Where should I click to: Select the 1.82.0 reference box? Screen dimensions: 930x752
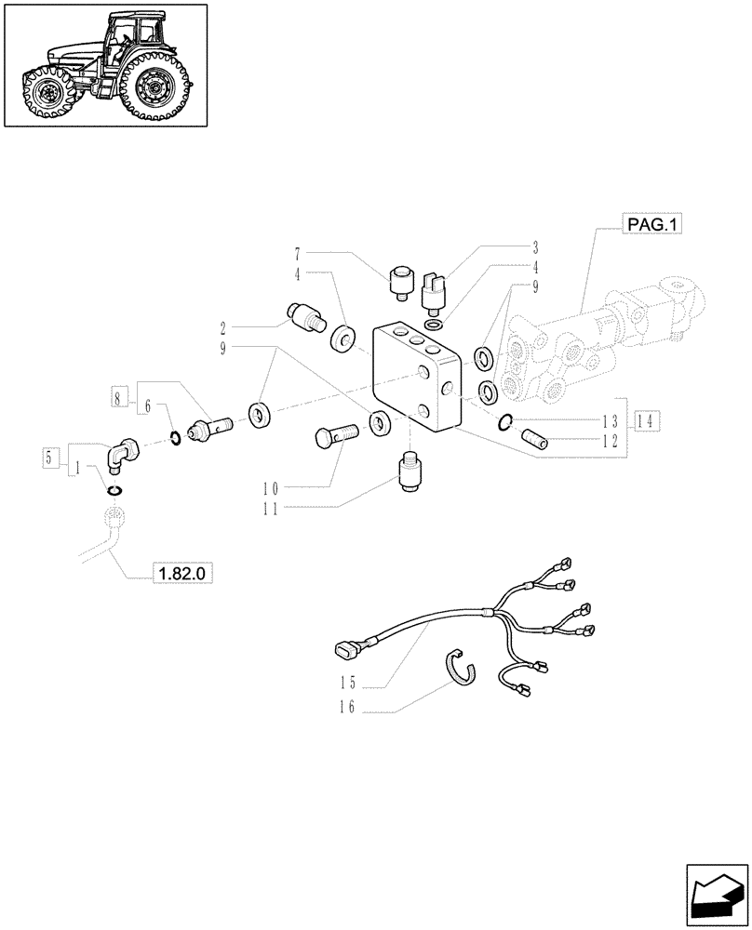coord(184,575)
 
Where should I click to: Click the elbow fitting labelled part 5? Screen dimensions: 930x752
coord(122,455)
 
